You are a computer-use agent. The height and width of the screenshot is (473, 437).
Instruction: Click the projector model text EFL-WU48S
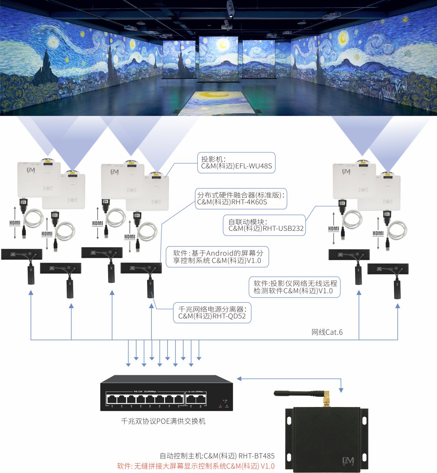click(x=254, y=166)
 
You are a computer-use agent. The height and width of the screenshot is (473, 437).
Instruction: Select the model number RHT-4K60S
click(x=249, y=202)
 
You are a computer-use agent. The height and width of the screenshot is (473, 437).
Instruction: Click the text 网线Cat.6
click(x=327, y=332)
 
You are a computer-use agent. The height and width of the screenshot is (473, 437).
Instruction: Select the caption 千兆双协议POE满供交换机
click(x=163, y=421)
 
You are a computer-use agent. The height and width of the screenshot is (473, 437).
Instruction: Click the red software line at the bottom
click(x=196, y=466)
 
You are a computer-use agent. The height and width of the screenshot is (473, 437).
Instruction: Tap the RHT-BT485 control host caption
click(x=217, y=456)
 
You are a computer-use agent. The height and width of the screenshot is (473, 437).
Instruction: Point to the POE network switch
click(x=166, y=393)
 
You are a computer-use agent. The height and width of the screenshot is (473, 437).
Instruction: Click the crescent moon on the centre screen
click(x=223, y=45)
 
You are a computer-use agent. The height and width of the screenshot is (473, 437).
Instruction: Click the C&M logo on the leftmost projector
click(x=31, y=170)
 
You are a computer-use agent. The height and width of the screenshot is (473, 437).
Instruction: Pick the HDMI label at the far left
click(x=15, y=222)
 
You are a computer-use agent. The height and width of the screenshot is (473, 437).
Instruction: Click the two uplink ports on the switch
click(x=196, y=399)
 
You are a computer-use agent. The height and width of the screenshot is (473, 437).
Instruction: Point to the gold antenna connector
click(x=327, y=399)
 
